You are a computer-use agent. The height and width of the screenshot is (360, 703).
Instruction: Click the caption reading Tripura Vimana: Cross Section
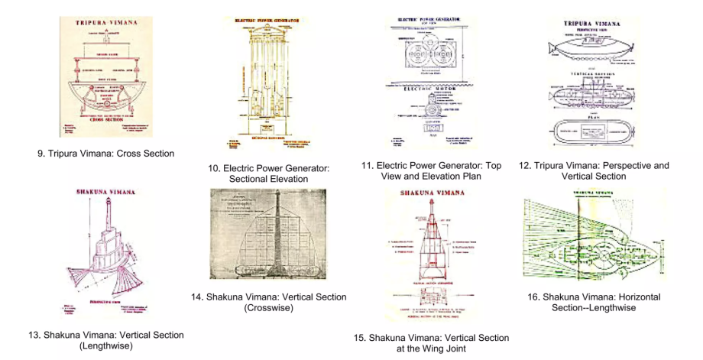(x=105, y=153)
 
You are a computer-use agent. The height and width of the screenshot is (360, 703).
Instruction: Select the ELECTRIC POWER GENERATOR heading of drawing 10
(x=266, y=21)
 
